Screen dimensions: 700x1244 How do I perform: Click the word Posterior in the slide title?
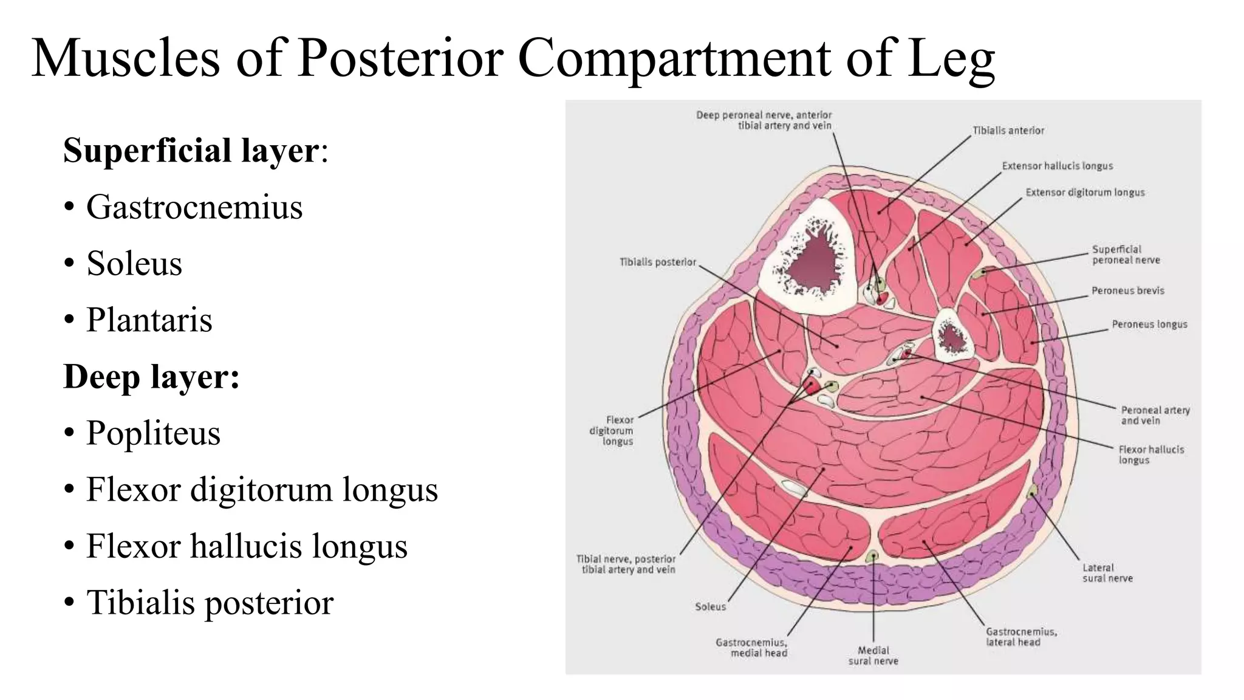[x=400, y=58]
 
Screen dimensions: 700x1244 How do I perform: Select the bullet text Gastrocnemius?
[x=194, y=207]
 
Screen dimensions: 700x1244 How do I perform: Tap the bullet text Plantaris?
[x=149, y=320]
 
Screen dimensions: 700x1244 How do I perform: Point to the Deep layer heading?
[x=151, y=376]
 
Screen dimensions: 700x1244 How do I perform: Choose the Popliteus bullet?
[x=153, y=433]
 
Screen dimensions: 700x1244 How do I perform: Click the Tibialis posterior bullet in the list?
[x=210, y=602]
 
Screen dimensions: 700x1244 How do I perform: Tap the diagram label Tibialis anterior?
[x=1008, y=131]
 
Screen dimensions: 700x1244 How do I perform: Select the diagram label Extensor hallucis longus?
[x=1057, y=166]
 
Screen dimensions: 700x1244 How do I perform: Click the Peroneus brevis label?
[x=1127, y=290]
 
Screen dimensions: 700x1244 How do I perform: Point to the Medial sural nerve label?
[x=873, y=656]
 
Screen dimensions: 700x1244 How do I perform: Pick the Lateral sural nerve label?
[x=1107, y=573]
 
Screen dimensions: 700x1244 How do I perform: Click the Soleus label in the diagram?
[x=710, y=606]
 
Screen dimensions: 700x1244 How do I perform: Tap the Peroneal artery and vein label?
[x=1155, y=415]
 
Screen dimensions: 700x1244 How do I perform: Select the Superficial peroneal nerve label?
[x=1126, y=255]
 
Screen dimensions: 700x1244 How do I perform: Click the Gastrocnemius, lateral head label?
[x=1021, y=637]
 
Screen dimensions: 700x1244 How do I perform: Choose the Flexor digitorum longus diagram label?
[x=612, y=430]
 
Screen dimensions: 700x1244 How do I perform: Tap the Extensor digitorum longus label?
[x=1085, y=193]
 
